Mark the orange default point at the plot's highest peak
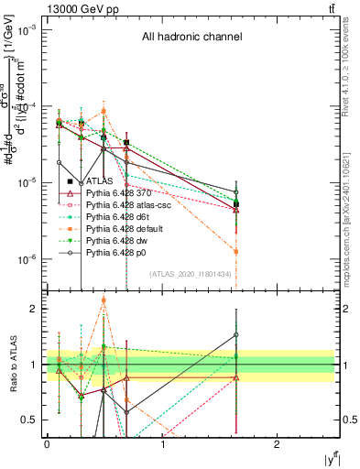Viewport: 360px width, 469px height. coord(104,111)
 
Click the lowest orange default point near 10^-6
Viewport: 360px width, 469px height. coord(236,251)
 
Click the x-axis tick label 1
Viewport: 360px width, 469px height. coord(162,444)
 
